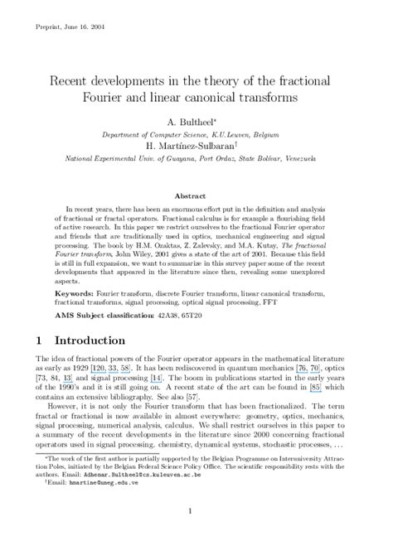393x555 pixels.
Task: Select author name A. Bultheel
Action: pyautogui.click(x=196, y=121)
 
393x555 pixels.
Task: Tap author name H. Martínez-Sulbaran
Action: pyautogui.click(x=196, y=145)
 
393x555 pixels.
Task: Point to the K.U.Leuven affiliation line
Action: pyautogui.click(x=196, y=133)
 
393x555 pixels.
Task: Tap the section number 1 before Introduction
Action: pyautogui.click(x=39, y=340)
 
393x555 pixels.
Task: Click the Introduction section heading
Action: pyautogui.click(x=100, y=340)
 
